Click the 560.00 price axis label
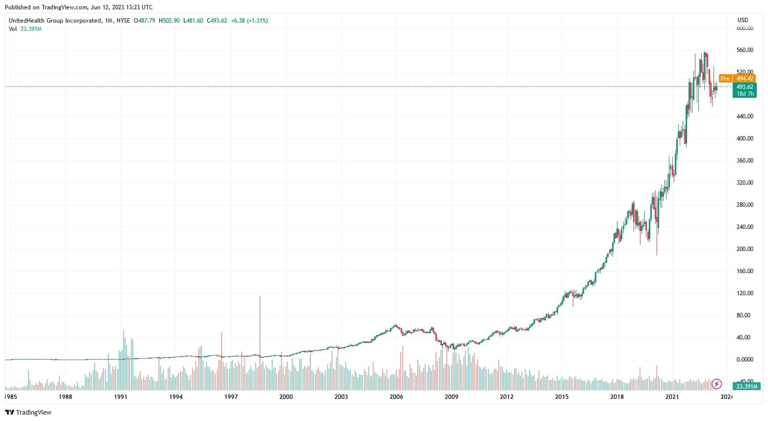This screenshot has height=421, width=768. coord(744,50)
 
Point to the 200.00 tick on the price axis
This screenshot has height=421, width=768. coord(744,249)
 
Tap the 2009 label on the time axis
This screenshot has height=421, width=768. coord(451,397)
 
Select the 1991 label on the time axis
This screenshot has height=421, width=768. coord(121,397)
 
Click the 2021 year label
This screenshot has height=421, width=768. coord(672,397)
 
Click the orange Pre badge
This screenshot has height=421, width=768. coord(725,79)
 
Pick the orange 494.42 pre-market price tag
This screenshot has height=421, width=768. coord(744,79)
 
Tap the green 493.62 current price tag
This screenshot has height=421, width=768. coord(744,87)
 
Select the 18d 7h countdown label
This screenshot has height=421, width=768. coord(744,94)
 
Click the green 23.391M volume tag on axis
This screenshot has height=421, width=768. coord(745,387)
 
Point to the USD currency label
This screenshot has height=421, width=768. coord(742,20)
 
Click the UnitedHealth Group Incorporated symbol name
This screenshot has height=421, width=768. coord(55,21)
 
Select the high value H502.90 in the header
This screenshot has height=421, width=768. coord(169,21)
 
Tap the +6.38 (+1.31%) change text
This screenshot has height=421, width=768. coord(249,21)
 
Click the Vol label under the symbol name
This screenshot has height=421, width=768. coord(13,29)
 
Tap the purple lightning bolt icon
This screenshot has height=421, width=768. coord(717,384)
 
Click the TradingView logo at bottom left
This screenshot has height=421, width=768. coord(28,413)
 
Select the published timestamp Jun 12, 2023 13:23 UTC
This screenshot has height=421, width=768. coord(122,7)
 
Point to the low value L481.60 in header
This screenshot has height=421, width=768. coord(193,21)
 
